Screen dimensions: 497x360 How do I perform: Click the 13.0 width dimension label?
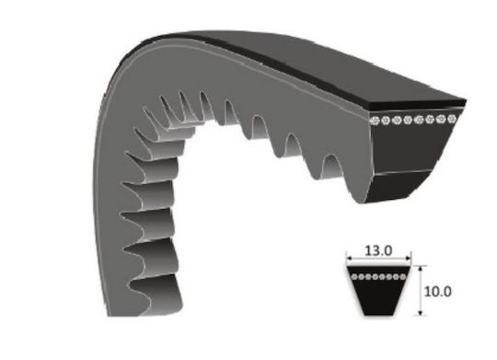pos(378,250)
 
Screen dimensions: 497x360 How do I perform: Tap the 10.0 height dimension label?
pos(437,292)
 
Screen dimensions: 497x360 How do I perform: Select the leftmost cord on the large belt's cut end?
pos(375,121)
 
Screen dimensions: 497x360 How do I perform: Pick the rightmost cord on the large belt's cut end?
pos(451,119)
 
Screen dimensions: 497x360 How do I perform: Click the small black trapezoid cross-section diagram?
pos(378,291)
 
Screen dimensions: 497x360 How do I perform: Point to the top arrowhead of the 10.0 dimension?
pos(421,269)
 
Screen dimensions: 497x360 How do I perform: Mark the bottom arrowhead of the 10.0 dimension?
pos(421,313)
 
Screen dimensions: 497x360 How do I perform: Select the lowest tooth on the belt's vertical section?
pos(156,294)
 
